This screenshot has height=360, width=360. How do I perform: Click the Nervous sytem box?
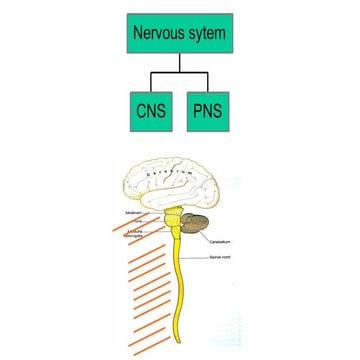tap(180, 33)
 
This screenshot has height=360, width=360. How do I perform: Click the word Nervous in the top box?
tap(158, 33)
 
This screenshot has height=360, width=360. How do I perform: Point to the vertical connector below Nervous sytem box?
tap(180, 63)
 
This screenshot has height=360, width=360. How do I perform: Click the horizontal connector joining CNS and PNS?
tap(180, 73)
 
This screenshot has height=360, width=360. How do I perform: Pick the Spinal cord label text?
tap(221, 258)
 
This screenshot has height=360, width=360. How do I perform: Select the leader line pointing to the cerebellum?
tap(206, 237)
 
